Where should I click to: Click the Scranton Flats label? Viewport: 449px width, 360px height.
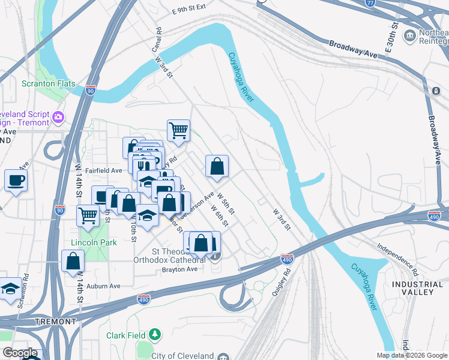[49, 83]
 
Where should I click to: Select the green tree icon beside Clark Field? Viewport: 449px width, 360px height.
[155, 334]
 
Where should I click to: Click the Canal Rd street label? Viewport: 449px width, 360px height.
[158, 38]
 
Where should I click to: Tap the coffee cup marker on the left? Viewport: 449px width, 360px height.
[16, 179]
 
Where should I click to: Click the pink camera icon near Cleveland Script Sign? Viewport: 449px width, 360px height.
[59, 116]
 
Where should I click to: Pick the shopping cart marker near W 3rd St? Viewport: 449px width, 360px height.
[178, 129]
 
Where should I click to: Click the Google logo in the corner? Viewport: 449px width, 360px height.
[20, 353]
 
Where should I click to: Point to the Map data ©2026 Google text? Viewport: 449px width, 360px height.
[412, 355]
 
